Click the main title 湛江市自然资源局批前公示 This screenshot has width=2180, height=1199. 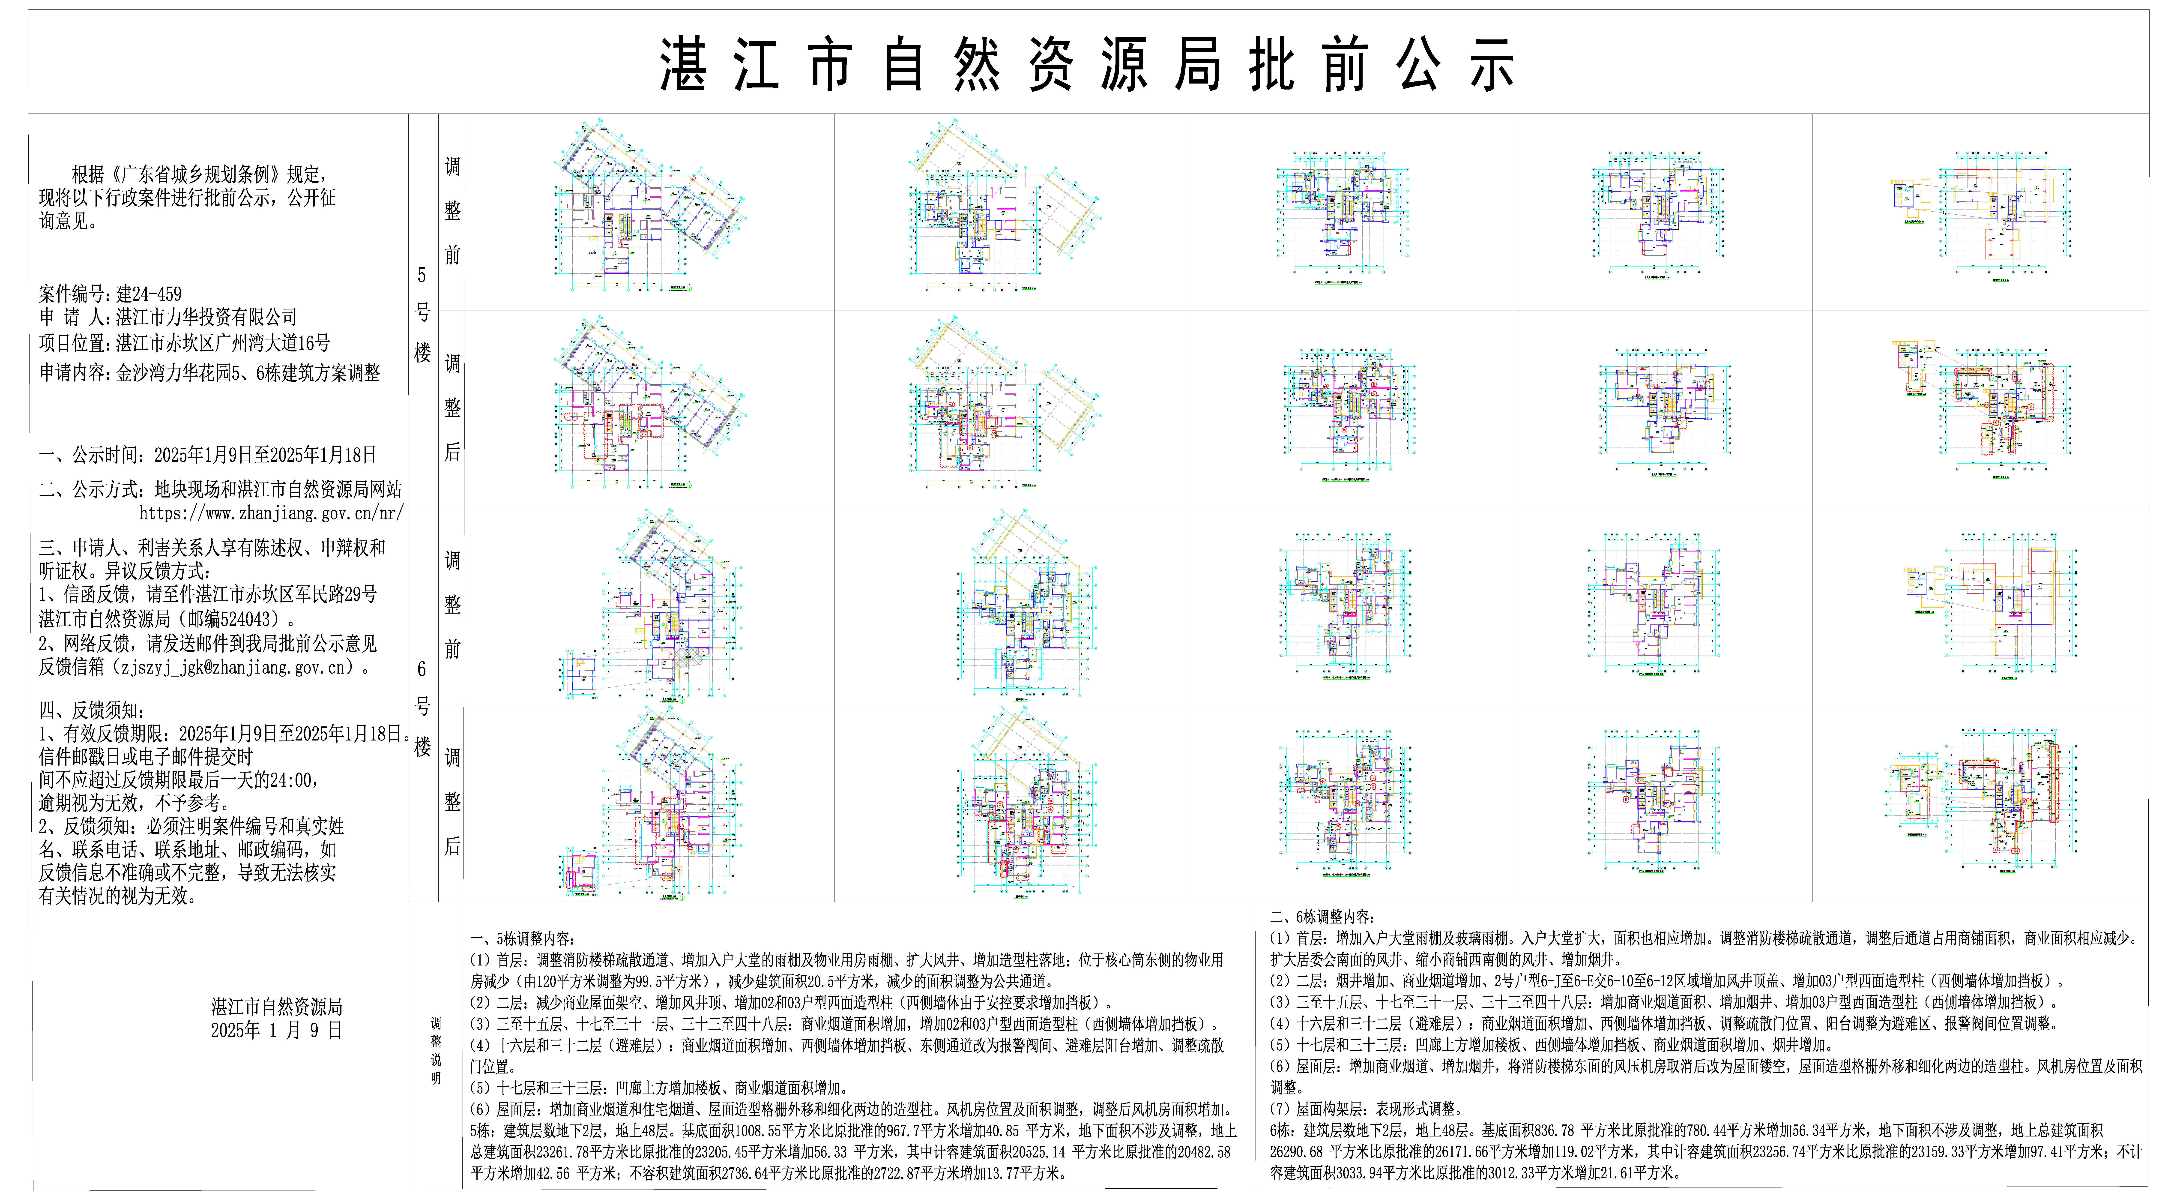pos(1087,64)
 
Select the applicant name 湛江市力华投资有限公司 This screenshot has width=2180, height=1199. pos(206,317)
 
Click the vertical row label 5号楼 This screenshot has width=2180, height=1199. pos(422,313)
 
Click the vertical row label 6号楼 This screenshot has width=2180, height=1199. pos(422,707)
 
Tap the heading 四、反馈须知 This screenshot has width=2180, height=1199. pos(91,711)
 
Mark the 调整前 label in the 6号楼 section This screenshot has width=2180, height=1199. pos(453,605)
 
